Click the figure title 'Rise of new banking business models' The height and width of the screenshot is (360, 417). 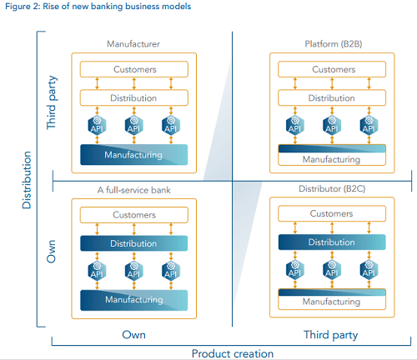(117, 7)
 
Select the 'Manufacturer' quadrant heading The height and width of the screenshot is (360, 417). (133, 44)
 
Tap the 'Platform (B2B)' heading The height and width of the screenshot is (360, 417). (334, 44)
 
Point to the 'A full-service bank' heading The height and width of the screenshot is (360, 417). (134, 190)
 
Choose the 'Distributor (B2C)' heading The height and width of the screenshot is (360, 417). (332, 189)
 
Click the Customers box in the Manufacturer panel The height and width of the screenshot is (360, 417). (134, 69)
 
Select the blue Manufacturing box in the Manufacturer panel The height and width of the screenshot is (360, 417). (134, 155)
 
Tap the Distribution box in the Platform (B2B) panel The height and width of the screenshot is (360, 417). (332, 97)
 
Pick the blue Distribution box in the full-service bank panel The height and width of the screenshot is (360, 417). (134, 243)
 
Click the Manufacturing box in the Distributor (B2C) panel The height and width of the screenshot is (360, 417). (332, 299)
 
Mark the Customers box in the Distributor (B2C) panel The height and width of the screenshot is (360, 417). (332, 213)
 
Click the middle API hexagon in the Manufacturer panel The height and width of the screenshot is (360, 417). (134, 125)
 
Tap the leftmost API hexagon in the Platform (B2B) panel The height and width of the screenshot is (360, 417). (295, 125)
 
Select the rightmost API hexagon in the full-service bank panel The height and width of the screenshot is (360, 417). (171, 271)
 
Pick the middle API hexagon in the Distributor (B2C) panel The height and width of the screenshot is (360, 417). (332, 269)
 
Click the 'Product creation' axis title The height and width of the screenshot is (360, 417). (233, 353)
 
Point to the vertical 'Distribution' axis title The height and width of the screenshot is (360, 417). (27, 180)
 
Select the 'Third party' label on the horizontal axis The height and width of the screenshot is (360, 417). (331, 335)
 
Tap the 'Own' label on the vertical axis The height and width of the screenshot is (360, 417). (52, 252)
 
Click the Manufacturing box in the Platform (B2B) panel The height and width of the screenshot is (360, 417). (332, 155)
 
